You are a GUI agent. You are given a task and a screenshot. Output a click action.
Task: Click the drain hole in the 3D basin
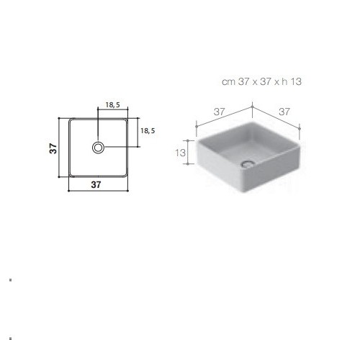248,164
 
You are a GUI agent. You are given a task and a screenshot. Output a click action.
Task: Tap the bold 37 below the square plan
96,184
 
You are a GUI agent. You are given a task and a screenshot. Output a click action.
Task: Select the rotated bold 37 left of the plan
53,148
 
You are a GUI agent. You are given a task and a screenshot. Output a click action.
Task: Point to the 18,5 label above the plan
112,105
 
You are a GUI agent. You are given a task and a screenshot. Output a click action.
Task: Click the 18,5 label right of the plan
148,131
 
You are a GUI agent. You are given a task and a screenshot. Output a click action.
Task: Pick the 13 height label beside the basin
180,153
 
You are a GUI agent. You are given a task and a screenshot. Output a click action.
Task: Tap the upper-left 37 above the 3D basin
220,112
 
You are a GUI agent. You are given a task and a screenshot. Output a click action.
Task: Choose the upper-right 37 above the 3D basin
284,112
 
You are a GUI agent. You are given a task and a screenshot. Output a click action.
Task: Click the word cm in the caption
228,82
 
